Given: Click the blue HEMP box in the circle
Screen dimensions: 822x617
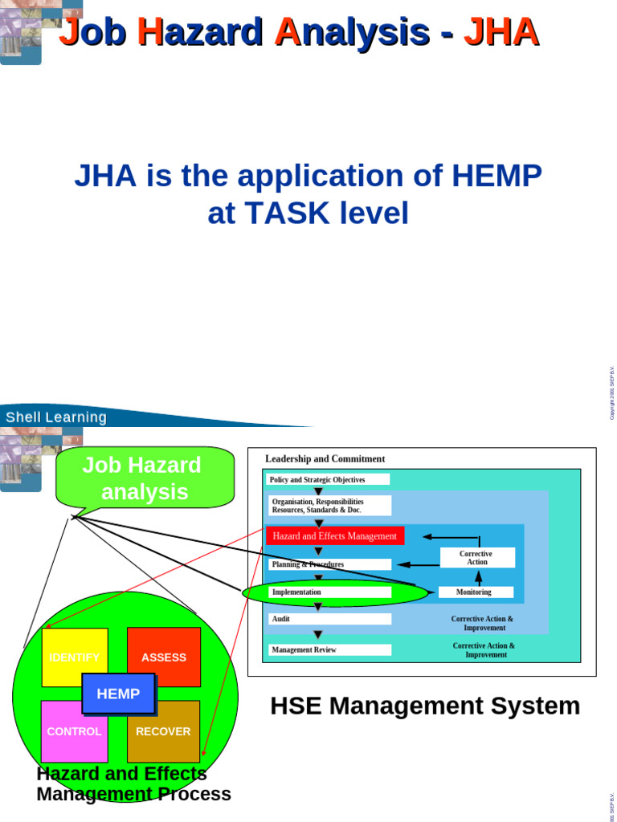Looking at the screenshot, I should tap(118, 694).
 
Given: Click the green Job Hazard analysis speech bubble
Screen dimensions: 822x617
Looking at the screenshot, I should tap(145, 478).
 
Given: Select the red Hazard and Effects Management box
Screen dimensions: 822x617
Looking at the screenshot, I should tap(335, 536).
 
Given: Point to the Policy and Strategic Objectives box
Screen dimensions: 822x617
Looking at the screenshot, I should tap(328, 479).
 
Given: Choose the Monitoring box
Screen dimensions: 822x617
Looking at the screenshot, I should tap(475, 592).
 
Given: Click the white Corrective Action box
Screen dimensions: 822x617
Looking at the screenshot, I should tap(477, 558).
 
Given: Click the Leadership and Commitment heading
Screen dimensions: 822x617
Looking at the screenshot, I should tap(325, 459).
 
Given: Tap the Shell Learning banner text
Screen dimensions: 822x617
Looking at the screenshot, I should tap(56, 417).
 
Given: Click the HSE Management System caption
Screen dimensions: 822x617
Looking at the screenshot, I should tap(425, 706).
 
